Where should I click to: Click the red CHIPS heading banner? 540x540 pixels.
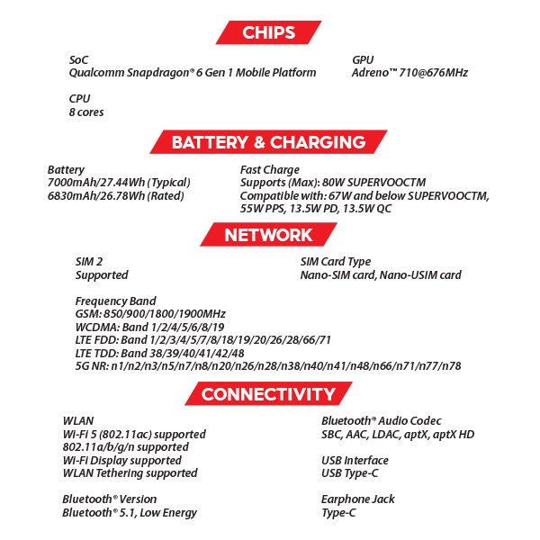click(268, 33)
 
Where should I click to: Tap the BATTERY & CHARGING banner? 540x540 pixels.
click(268, 142)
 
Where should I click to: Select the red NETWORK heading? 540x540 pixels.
click(268, 235)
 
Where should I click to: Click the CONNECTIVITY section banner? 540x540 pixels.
click(268, 394)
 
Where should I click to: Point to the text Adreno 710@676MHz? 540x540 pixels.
click(409, 73)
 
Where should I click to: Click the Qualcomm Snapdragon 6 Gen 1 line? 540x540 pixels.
click(193, 73)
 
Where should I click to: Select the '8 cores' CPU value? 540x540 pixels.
click(86, 112)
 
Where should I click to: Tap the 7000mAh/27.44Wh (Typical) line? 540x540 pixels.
click(119, 183)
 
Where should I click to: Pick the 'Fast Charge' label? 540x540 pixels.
click(270, 169)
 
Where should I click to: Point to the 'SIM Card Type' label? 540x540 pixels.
click(335, 262)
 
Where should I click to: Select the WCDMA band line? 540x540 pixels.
click(150, 327)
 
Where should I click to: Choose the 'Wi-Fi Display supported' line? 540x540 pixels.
click(121, 460)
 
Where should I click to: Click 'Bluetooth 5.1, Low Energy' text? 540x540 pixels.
click(130, 513)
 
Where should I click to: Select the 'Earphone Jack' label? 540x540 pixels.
click(358, 499)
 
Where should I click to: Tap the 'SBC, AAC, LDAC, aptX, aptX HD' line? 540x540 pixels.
click(398, 434)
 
